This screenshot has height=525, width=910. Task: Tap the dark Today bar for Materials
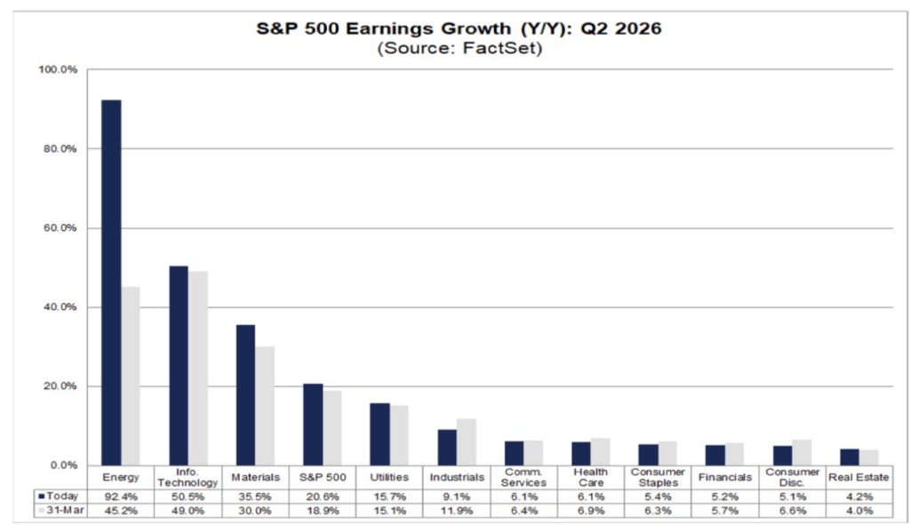tap(245, 394)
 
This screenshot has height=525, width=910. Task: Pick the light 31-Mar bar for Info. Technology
tap(197, 368)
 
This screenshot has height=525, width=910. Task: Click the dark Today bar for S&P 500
tap(312, 425)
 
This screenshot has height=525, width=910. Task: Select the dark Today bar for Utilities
tap(379, 434)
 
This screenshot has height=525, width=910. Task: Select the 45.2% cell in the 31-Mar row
tap(121, 510)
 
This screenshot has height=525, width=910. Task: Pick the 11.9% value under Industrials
tap(457, 510)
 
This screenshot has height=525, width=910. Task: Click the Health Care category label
tap(591, 477)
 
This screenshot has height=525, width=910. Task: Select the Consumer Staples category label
tap(659, 477)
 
